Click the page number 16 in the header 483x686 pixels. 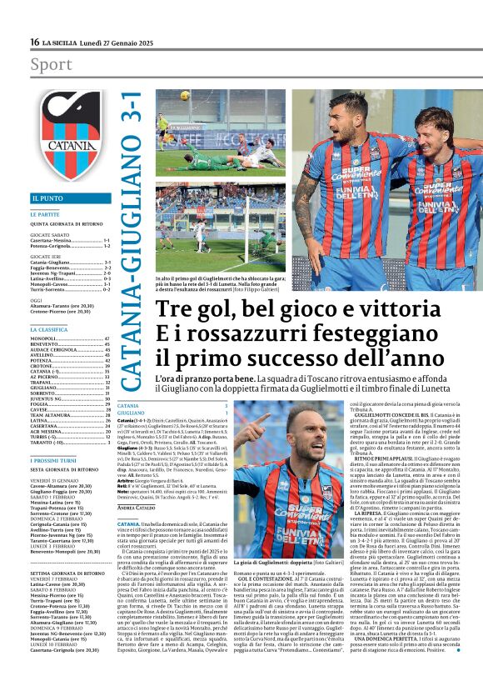pos(35,42)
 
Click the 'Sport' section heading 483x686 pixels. pos(51,65)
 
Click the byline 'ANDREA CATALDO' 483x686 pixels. pos(138,508)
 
